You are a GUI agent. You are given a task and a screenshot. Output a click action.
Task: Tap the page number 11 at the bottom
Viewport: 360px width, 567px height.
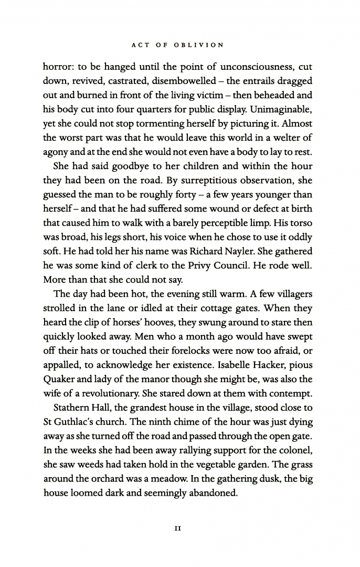[178, 529]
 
